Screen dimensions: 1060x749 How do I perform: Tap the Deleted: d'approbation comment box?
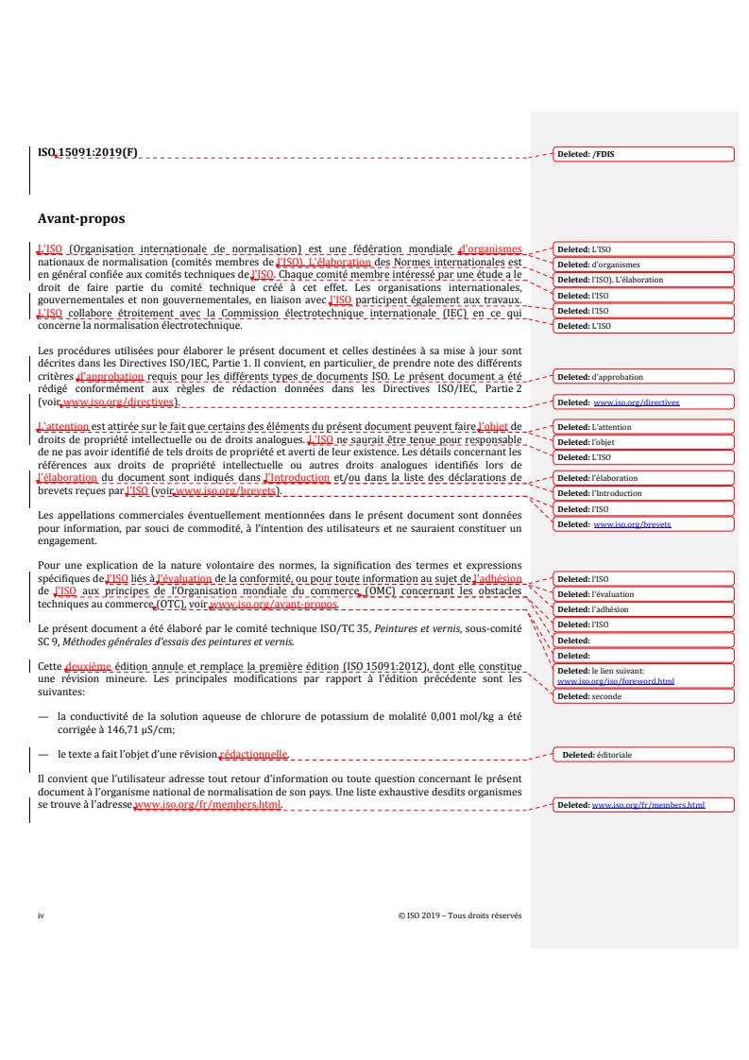[641, 377]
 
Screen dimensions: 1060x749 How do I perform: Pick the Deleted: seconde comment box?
[641, 696]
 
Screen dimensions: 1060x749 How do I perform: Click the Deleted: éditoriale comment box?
[641, 755]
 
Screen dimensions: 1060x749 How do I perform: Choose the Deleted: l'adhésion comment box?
[641, 609]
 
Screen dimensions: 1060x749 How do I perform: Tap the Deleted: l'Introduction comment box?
[641, 493]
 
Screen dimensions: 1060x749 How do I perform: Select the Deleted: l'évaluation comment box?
[641, 593]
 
